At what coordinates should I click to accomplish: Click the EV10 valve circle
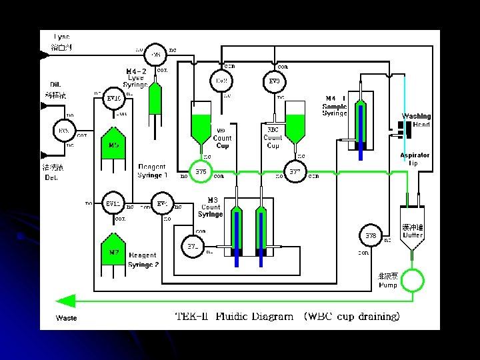[113, 99]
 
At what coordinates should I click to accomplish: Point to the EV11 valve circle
[113, 204]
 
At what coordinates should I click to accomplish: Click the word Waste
[66, 318]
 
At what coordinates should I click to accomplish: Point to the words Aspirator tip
[414, 159]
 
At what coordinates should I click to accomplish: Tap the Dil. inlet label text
[56, 84]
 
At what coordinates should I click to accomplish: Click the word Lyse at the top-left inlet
[61, 37]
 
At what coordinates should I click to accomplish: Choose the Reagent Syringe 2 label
[143, 259]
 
